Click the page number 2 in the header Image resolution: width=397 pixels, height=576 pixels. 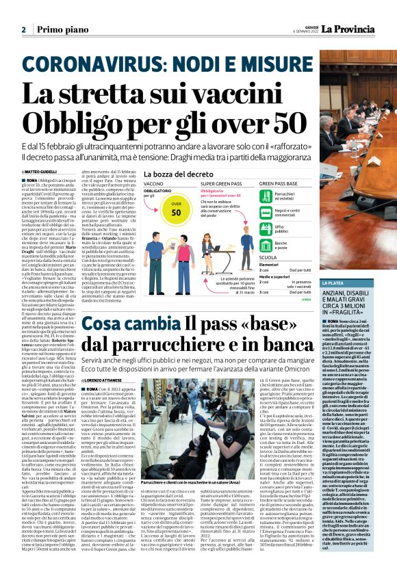click(24, 29)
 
